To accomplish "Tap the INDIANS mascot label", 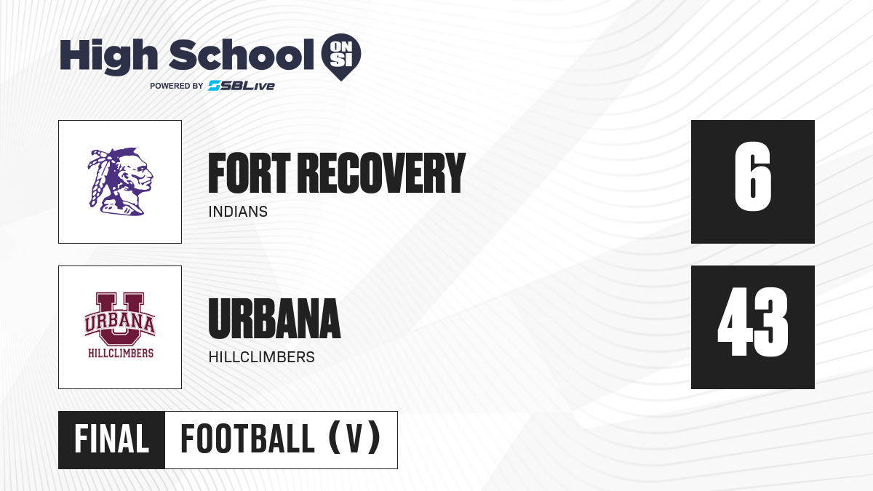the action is (238, 212).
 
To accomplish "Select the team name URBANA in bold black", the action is (274, 319).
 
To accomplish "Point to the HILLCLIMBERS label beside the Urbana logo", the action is (261, 357).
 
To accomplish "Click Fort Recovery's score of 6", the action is (752, 177).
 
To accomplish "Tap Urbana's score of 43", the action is (752, 322).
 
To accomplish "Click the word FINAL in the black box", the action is (111, 439).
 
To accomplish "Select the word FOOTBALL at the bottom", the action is (247, 439).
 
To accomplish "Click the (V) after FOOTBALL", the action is (355, 439).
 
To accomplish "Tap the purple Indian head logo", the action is (120, 182).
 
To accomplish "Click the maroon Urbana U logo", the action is (120, 324).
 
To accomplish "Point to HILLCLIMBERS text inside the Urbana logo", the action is (121, 353).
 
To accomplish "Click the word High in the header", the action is (108, 56).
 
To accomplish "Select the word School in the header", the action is (242, 55).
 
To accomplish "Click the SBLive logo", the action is (241, 86).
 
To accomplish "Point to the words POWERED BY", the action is (176, 86).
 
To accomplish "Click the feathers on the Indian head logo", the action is (101, 175).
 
